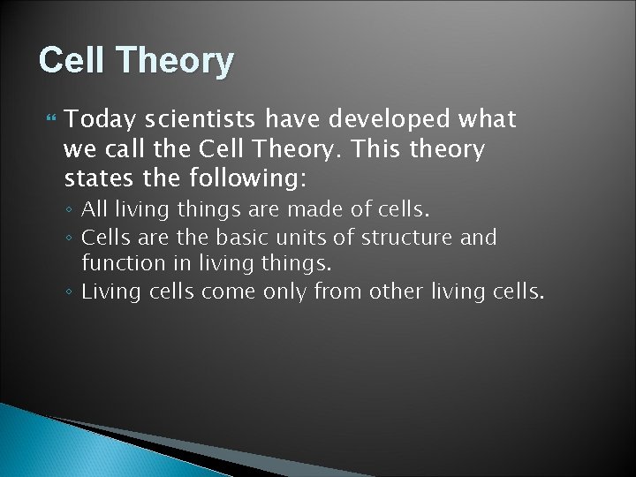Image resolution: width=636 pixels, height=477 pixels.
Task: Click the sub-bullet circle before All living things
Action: [x=72, y=212]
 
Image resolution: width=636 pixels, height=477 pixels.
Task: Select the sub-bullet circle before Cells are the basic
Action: [x=72, y=238]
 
